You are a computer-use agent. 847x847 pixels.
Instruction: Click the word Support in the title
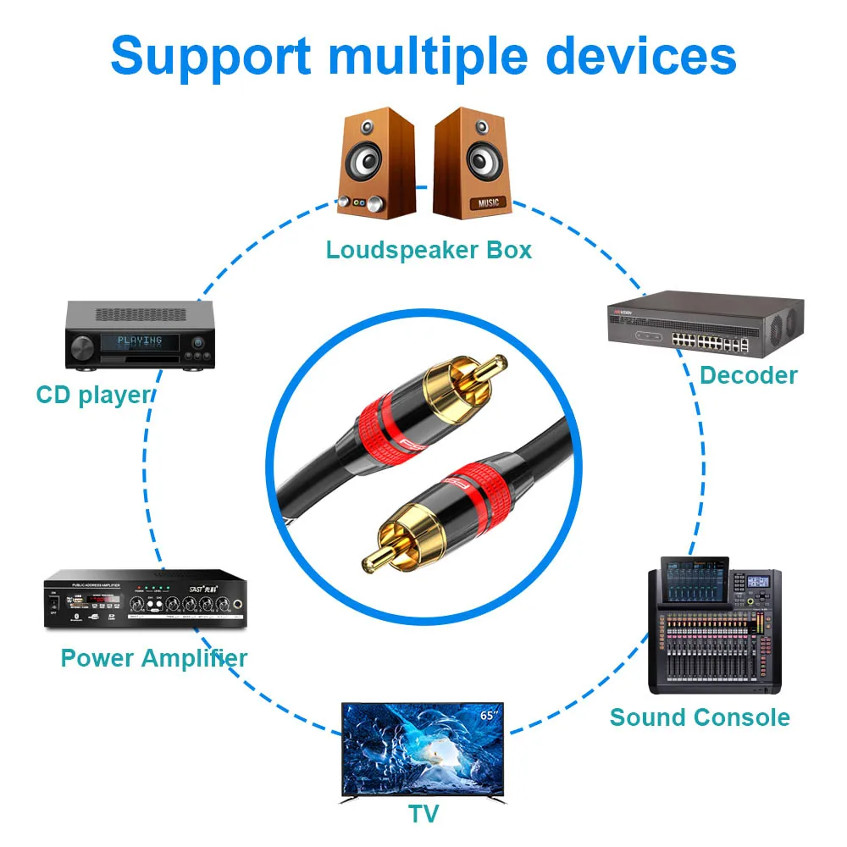click(210, 55)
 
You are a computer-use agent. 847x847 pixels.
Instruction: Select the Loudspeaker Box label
click(429, 250)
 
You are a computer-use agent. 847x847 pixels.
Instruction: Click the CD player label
click(93, 395)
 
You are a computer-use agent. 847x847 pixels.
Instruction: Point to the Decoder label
click(749, 375)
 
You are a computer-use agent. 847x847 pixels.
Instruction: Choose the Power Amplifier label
click(154, 658)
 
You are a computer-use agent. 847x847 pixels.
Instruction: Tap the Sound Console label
click(700, 717)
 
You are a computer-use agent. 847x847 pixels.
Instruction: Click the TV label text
click(423, 814)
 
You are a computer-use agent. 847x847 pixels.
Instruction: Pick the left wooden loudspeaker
click(377, 163)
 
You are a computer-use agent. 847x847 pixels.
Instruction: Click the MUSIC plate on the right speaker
click(490, 203)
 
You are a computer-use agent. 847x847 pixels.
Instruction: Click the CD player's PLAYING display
click(140, 341)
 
